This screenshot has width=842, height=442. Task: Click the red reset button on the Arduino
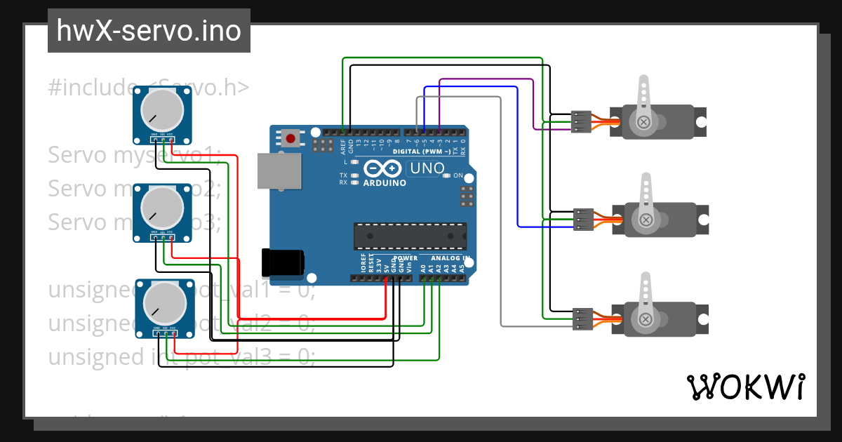coord(290,137)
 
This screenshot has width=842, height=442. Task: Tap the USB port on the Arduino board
coord(279,171)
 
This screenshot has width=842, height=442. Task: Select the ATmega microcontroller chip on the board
coord(410,236)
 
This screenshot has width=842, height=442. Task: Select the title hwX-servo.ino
coord(149,31)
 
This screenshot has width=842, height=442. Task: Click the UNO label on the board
coord(427,168)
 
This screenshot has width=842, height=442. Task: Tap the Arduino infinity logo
coord(383,168)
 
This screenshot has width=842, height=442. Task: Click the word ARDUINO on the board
coord(384,183)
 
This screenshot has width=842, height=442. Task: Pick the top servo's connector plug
coord(582,121)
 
